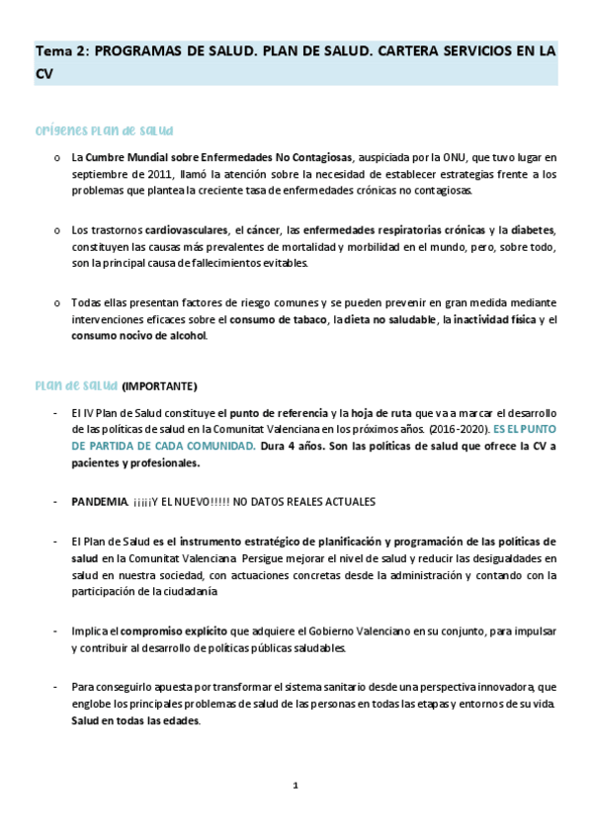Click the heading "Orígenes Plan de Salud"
click(105, 130)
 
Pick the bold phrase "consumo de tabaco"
click(278, 320)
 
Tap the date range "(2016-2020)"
click(463, 429)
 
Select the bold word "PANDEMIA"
click(100, 502)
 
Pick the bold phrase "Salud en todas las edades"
click(135, 720)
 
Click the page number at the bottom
click(295, 786)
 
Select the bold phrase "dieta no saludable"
click(389, 320)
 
